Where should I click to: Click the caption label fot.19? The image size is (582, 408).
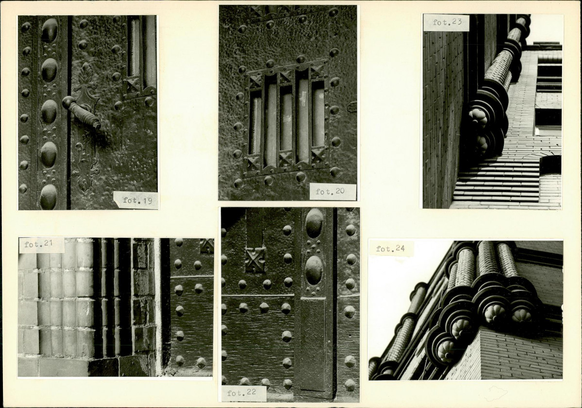click(x=136, y=201)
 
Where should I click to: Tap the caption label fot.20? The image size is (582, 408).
click(x=332, y=191)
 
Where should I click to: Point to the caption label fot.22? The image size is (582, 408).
click(x=243, y=393)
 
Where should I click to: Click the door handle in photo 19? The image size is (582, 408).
click(x=81, y=111)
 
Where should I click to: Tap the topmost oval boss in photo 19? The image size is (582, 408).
click(x=50, y=31)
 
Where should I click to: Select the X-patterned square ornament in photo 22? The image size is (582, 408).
click(x=255, y=259)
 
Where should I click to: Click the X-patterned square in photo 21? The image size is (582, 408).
click(x=207, y=246)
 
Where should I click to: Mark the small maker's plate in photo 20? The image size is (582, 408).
click(x=351, y=107)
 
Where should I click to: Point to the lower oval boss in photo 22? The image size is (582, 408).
click(x=314, y=270)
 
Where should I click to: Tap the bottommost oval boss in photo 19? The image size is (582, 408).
click(x=49, y=196)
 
